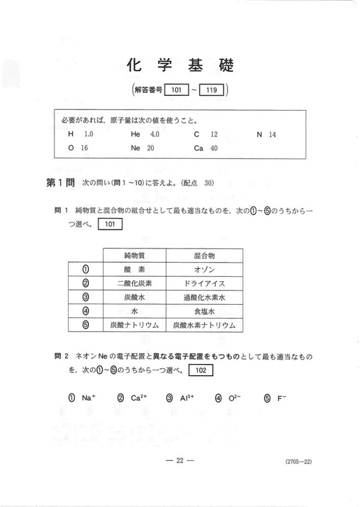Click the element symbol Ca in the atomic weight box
click(199, 148)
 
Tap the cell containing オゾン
click(205, 270)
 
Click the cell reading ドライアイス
click(205, 283)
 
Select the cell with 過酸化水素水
click(205, 298)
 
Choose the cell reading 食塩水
click(205, 311)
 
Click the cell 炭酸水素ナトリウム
click(205, 325)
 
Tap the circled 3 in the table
click(86, 298)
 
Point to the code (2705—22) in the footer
click(298, 462)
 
